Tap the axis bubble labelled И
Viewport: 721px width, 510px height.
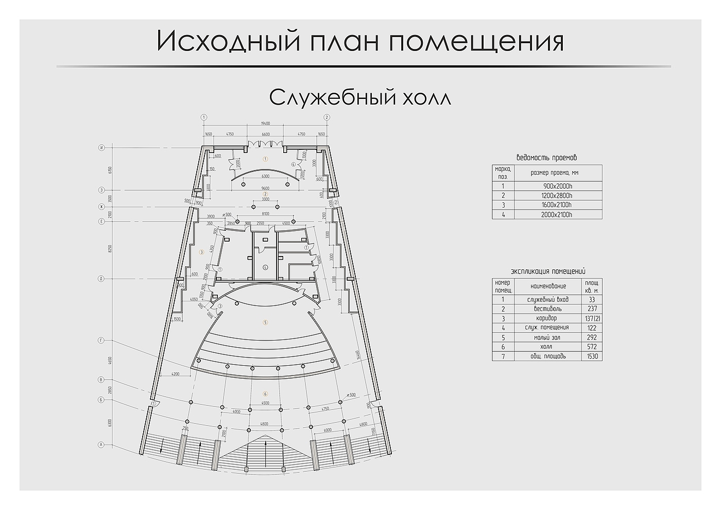[x=102, y=148]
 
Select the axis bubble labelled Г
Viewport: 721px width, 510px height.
[x=102, y=341]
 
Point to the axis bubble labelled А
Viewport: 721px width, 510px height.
[x=102, y=445]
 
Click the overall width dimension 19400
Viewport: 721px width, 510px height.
[x=265, y=124]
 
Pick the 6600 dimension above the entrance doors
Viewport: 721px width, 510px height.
[x=265, y=134]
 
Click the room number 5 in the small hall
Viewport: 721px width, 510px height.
[x=265, y=323]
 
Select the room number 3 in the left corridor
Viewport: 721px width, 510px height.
[x=202, y=251]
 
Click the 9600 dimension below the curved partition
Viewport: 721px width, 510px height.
[x=265, y=188]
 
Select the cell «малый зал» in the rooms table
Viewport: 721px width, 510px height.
[x=548, y=337]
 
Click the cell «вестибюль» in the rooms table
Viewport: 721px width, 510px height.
[x=548, y=309]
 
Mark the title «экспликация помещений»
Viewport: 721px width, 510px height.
[x=547, y=271]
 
